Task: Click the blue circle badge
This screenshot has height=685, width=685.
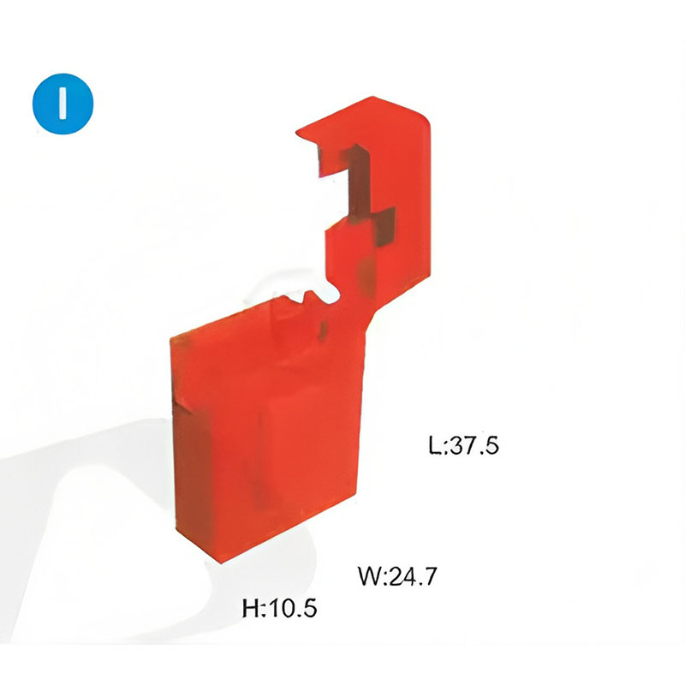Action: [63, 104]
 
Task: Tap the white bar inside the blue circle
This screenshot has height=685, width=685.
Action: [63, 104]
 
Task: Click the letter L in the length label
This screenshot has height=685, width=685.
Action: [435, 445]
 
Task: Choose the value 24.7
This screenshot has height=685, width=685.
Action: [412, 575]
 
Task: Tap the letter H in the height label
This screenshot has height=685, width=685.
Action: [251, 608]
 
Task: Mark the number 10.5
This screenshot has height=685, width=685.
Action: [292, 608]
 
